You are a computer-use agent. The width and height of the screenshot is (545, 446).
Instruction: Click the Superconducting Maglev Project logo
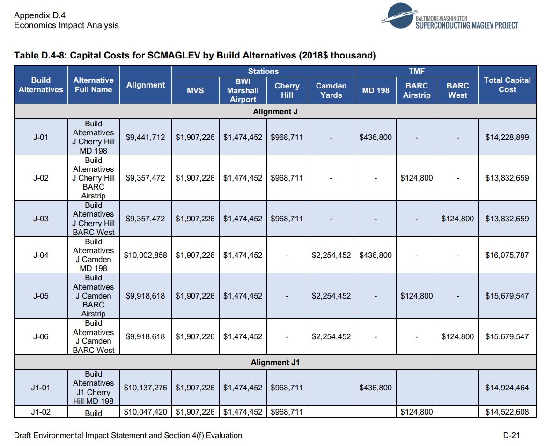[449, 20]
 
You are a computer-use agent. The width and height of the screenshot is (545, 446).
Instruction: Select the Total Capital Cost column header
[507, 85]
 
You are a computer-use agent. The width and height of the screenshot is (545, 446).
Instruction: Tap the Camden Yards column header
[331, 90]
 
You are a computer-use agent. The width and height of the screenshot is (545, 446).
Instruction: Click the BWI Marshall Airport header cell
[243, 90]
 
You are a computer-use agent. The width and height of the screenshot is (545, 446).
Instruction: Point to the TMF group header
[416, 71]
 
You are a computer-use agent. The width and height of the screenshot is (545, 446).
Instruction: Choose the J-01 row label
[41, 137]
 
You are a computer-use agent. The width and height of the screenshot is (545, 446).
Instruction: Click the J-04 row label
[41, 255]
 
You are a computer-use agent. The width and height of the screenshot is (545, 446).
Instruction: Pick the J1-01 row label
[41, 388]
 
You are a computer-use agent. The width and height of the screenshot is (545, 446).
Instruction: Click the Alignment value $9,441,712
[145, 137]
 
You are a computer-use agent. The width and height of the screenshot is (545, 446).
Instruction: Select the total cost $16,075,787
[507, 255]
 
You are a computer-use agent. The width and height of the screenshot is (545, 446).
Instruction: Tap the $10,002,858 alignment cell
[145, 255]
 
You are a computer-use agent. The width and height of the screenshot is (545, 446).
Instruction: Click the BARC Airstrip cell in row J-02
[416, 178]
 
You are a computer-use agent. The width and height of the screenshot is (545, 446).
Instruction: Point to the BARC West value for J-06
[457, 336]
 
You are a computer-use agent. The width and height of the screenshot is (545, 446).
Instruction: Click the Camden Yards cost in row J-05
[331, 296]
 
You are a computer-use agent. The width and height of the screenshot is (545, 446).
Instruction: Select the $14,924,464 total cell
[507, 388]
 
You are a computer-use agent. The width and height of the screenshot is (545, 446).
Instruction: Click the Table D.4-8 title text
[195, 56]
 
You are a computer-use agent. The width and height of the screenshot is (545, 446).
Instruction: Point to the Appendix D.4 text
[40, 15]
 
